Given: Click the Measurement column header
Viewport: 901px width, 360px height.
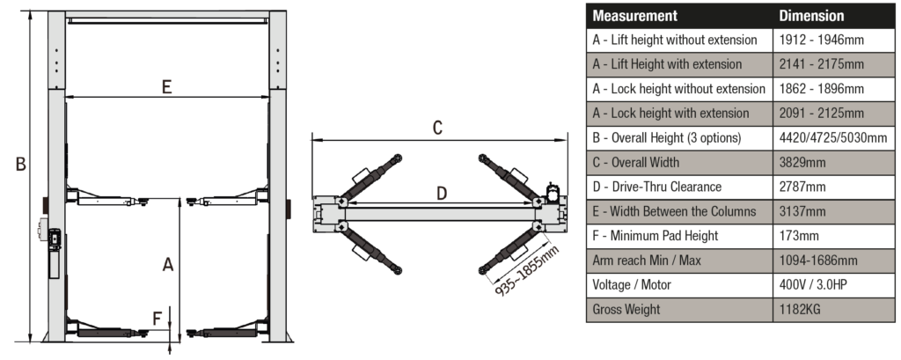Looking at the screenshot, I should [x=634, y=16].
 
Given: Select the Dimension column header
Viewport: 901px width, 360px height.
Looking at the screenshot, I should [x=811, y=16].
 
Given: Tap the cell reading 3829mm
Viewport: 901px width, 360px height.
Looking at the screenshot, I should [x=802, y=162].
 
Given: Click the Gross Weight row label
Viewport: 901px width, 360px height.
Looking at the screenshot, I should [x=626, y=309].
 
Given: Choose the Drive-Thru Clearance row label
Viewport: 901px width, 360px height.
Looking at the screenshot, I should [x=656, y=187].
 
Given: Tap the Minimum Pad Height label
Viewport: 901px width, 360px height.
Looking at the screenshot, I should [x=655, y=235].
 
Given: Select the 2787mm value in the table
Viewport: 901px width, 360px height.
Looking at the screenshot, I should [x=802, y=187].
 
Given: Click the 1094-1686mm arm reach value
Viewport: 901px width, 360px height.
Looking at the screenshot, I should [x=818, y=260].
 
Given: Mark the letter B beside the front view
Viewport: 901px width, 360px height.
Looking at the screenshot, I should [x=20, y=164].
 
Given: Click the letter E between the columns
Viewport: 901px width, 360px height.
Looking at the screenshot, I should [x=165, y=86].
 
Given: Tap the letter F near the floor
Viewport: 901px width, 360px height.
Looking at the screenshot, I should [x=158, y=318].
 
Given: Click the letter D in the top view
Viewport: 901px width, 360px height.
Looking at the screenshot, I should [x=442, y=193].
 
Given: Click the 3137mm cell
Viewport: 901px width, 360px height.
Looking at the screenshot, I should [x=802, y=211].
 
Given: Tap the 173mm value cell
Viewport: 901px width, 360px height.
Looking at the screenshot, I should [x=799, y=235].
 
